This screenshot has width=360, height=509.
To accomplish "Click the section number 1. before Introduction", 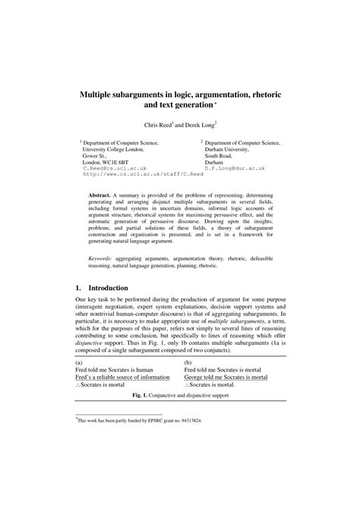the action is pyautogui.click(x=77, y=289).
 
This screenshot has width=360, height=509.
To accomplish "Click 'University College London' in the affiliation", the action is pyautogui.click(x=115, y=150).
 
